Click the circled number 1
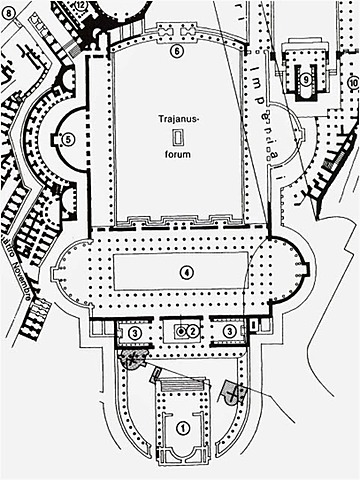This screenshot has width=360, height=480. (x=181, y=427)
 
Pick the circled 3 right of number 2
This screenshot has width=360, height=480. (x=229, y=330)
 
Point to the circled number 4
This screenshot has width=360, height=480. (x=185, y=271)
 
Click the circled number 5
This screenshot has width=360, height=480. (x=68, y=140)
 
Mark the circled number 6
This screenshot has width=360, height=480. (x=177, y=50)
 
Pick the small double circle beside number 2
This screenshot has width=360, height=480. (x=180, y=329)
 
